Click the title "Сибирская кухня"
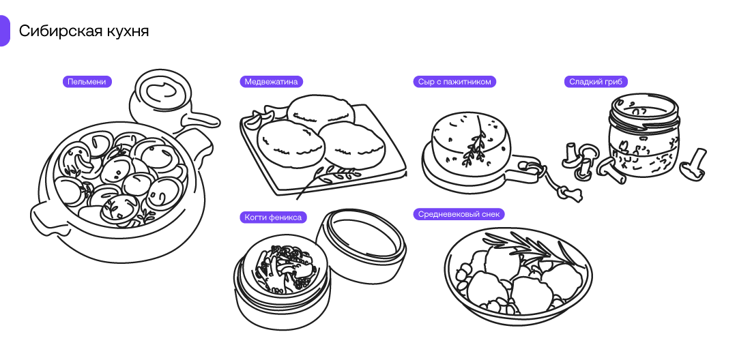84,31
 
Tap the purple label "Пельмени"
87,82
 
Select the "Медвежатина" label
271,82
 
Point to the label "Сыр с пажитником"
454,82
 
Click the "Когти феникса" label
272,217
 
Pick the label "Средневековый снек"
459,214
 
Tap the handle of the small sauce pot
203,121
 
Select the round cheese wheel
471,140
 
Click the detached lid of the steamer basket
360,243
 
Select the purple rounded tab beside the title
4,31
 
